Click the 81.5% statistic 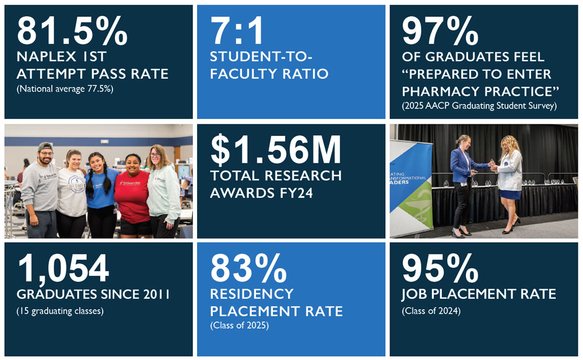coord(72,32)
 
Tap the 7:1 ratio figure coord(237,32)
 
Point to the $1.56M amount coord(276,151)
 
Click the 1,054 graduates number coord(63,269)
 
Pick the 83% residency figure coord(248,269)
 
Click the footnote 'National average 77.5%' coord(64,89)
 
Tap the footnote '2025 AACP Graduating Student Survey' coord(479,106)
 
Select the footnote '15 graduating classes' coord(59,311)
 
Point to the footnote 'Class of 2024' coord(431,311)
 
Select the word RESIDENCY coord(251,293)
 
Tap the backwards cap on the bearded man coord(44,146)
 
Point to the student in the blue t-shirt coord(100,187)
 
